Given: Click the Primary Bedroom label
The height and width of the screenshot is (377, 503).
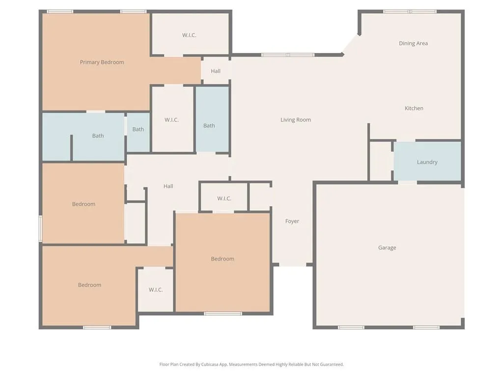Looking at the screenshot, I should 102,62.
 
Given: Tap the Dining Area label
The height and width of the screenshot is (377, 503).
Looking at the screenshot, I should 413,43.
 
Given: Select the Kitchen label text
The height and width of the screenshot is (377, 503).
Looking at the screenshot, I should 414,108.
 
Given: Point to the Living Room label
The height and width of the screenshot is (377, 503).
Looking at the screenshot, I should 295,120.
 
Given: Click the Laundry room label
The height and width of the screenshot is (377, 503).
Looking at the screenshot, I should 427,162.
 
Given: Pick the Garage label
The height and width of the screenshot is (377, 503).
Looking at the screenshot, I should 387,248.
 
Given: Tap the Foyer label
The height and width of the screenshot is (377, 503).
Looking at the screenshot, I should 292,221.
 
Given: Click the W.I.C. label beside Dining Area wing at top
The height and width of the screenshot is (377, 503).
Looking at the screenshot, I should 189,35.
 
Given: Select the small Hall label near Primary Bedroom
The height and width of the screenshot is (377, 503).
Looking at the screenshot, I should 215,71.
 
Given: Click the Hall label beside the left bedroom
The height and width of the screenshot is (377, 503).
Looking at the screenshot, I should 168,187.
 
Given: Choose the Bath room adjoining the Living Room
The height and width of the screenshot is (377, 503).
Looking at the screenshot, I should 209,126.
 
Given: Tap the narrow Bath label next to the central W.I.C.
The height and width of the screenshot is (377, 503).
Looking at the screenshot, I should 138,130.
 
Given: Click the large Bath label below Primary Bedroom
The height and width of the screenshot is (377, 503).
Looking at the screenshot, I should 98,136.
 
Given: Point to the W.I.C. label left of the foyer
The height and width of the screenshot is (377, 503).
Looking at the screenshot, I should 224,199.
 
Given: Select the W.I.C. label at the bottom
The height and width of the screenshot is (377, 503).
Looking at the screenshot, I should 155,290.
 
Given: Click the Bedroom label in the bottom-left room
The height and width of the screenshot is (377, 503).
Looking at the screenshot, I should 89,285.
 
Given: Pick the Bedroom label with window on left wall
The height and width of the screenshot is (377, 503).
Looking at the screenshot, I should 84,204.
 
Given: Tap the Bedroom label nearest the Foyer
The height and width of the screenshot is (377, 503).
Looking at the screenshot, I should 222,259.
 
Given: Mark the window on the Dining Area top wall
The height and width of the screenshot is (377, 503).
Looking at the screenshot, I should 409,11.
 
